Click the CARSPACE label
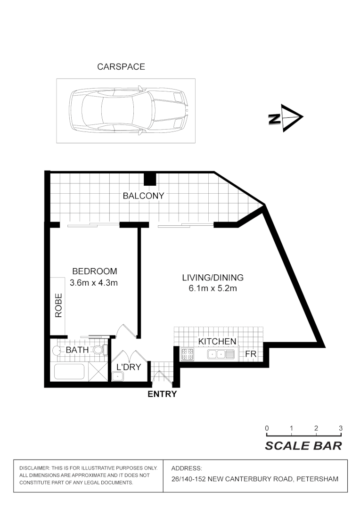[x=121, y=67]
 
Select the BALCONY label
[x=143, y=196]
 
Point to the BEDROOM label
[x=94, y=271]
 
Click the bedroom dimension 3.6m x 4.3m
[x=93, y=283]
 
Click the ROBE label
[x=59, y=306]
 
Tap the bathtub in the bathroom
[x=70, y=371]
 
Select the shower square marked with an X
[x=98, y=371]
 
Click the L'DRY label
[x=129, y=367]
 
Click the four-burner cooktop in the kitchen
[x=187, y=354]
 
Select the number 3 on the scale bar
[x=340, y=428]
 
